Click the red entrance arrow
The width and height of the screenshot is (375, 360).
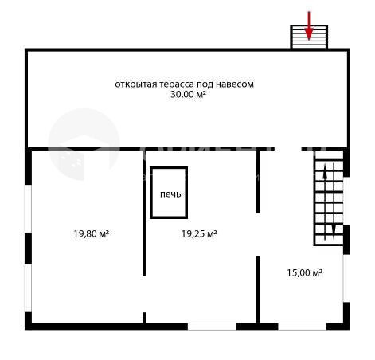[x=309, y=25]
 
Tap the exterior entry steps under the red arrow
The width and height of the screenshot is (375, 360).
[x=309, y=37]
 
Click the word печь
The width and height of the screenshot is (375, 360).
[x=170, y=194]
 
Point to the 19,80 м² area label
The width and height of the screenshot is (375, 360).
[x=91, y=233]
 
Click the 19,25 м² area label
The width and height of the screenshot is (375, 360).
[x=199, y=233]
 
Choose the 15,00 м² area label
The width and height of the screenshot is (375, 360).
[x=304, y=272]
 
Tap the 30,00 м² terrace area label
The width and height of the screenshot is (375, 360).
[x=188, y=94]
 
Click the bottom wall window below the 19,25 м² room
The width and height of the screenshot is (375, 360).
[x=212, y=327]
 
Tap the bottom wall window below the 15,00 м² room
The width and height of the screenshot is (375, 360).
[x=303, y=327]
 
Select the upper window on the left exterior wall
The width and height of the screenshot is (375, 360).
[x=28, y=209]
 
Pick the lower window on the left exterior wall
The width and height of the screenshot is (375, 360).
[x=28, y=288]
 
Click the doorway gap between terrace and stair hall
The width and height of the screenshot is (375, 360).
[x=288, y=149]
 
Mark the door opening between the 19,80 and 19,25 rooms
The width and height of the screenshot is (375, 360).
[x=144, y=294]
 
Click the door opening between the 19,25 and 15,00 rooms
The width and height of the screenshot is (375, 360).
[x=258, y=234]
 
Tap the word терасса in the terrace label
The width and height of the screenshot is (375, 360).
[x=177, y=84]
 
